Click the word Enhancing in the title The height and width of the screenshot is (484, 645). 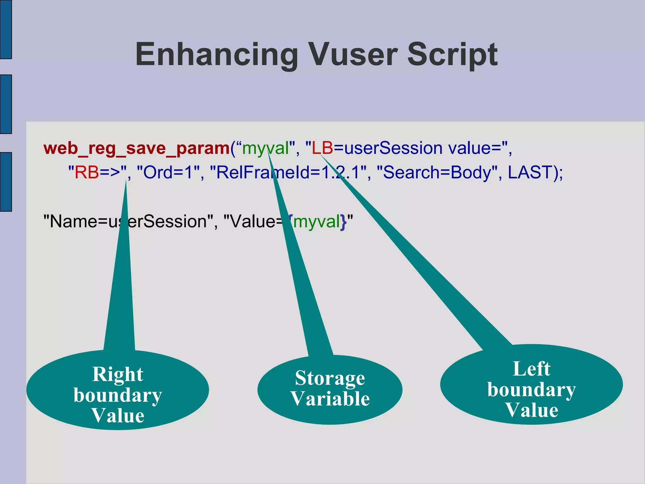tap(217, 55)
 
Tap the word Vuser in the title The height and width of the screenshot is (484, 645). tap(352, 55)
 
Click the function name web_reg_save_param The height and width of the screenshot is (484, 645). tap(137, 148)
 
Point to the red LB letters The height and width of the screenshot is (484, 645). tap(322, 148)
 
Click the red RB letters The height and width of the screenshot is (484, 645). tap(87, 172)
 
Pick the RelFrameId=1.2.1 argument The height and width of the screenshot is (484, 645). tap(288, 172)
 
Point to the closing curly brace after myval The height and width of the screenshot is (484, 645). tap(343, 222)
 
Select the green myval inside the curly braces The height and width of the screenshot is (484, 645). tap(317, 222)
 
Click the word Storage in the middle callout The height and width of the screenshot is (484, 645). tap(330, 378)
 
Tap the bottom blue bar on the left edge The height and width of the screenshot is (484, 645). tap(6, 182)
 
